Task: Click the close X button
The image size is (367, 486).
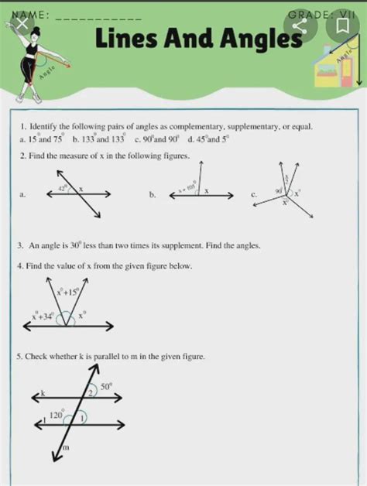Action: point(23,26)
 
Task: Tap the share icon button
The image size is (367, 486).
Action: point(300,28)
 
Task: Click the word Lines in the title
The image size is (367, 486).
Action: point(134,38)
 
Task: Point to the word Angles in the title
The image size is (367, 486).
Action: point(248,38)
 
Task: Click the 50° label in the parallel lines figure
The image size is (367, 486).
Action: point(105,384)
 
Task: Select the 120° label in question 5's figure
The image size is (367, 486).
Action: point(57,416)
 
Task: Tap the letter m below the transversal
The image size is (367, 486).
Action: point(66,447)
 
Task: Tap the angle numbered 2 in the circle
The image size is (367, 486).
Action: point(91,393)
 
